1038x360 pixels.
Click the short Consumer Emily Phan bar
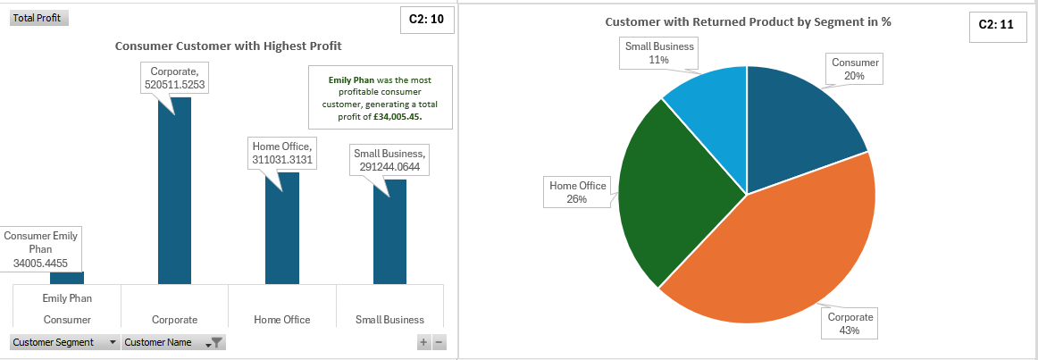pyautogui.click(x=67, y=278)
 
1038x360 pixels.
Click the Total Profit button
pyautogui.click(x=39, y=18)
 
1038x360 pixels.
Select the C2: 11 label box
pyautogui.click(x=995, y=25)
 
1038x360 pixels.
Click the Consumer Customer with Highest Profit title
pyautogui.click(x=228, y=46)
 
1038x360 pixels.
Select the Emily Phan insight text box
pyautogui.click(x=381, y=97)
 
